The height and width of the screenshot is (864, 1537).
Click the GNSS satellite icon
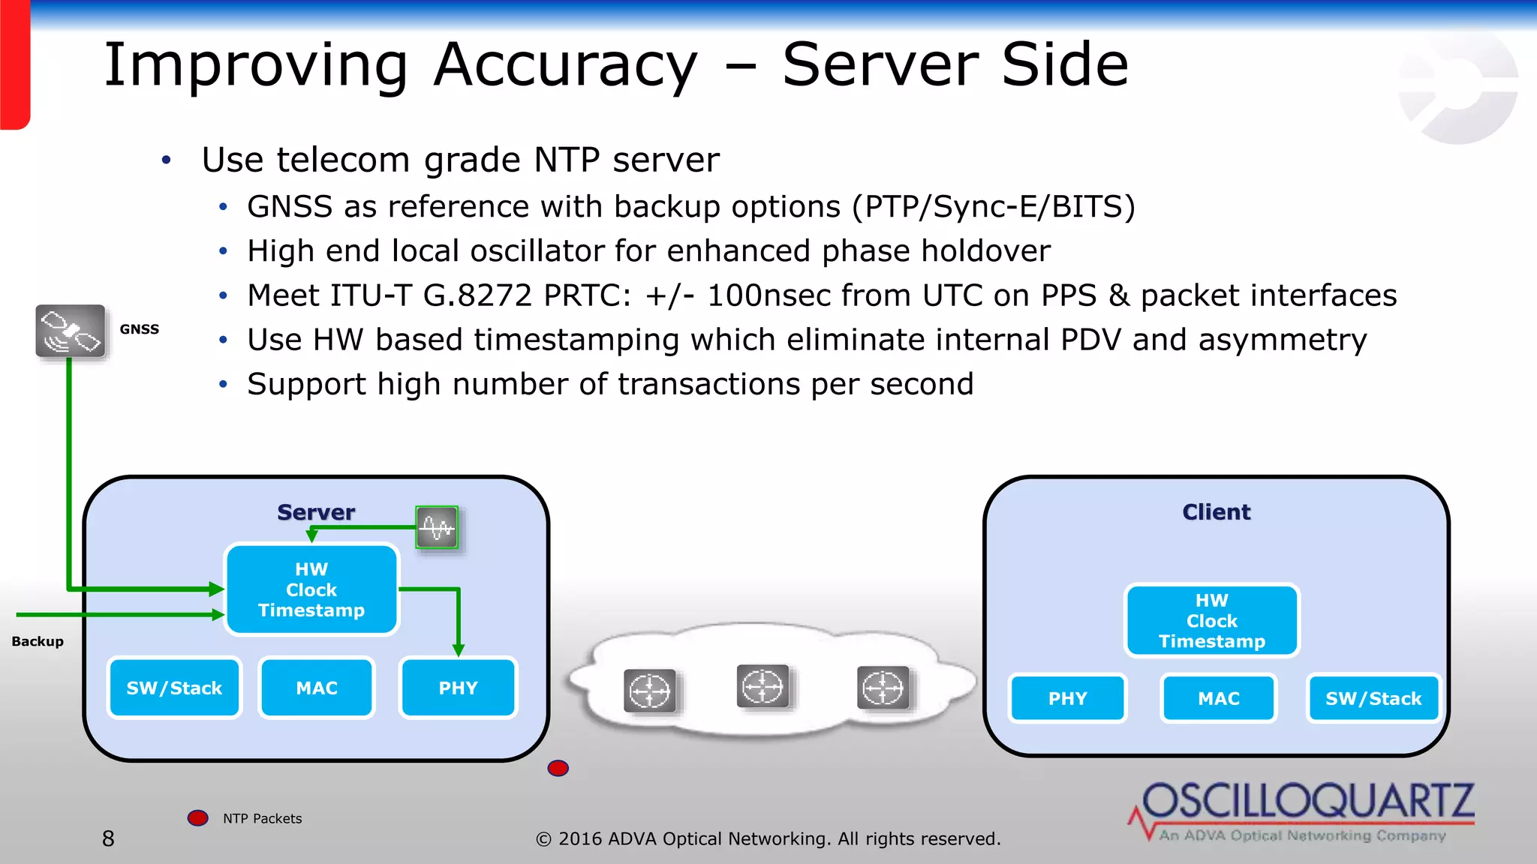(x=71, y=331)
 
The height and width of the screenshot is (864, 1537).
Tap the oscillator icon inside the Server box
(x=437, y=527)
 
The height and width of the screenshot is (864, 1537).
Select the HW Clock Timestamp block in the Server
(x=311, y=589)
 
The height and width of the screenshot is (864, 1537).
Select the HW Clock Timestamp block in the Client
(x=1211, y=621)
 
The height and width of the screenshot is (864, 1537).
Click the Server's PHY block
(x=458, y=688)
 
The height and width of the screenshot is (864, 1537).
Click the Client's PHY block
(x=1067, y=698)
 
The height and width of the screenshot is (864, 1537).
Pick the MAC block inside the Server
(x=317, y=688)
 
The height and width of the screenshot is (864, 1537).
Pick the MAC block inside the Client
(x=1218, y=698)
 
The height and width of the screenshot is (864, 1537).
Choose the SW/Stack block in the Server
(x=174, y=688)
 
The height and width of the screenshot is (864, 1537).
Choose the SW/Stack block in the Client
(x=1373, y=698)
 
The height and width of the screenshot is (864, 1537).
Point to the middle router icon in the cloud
(x=762, y=686)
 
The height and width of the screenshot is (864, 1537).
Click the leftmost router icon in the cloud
(x=650, y=691)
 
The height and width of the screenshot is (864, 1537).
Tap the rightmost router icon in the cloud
(x=883, y=688)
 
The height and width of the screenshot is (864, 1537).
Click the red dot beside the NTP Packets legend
(x=198, y=817)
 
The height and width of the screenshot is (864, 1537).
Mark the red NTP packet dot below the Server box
(x=558, y=768)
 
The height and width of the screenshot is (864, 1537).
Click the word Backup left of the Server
(x=38, y=641)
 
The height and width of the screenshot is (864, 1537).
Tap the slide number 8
(x=109, y=838)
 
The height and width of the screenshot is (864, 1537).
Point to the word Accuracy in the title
(x=566, y=66)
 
